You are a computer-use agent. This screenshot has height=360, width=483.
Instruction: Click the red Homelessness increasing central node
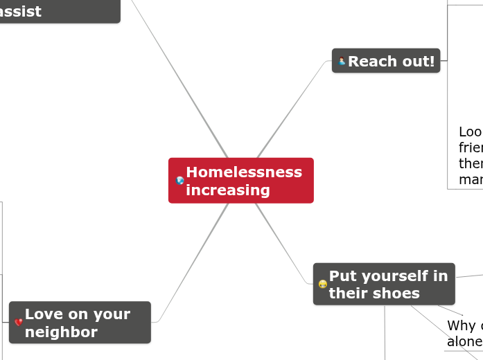[x=240, y=180]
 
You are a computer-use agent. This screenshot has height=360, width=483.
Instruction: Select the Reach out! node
[x=386, y=61]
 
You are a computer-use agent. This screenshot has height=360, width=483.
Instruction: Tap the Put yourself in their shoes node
[x=384, y=284]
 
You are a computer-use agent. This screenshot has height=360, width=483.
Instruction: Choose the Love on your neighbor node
[x=80, y=323]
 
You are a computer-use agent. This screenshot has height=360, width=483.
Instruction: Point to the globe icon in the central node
[x=180, y=181]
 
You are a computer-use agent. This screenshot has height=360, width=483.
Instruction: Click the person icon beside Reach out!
[x=342, y=62]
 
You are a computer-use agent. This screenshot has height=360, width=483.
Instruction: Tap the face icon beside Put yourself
[x=322, y=285]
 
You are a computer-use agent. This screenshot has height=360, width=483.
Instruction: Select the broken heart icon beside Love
[x=18, y=323]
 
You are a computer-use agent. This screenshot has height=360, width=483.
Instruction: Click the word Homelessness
[x=243, y=172]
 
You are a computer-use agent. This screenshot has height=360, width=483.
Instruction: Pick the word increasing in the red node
[x=227, y=190]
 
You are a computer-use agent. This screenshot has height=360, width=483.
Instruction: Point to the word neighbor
[x=61, y=332]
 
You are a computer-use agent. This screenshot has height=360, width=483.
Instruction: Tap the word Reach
[x=372, y=61]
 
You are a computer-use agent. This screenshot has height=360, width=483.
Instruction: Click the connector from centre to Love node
[x=194, y=263]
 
